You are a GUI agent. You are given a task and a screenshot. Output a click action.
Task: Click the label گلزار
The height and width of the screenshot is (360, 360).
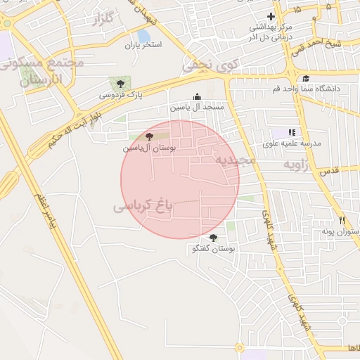pyautogui.click(x=103, y=19)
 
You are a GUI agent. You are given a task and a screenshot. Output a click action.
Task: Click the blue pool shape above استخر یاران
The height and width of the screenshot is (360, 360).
pyautogui.click(x=143, y=34)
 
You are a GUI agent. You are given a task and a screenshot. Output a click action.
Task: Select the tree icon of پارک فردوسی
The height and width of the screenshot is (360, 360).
pyautogui.click(x=114, y=83)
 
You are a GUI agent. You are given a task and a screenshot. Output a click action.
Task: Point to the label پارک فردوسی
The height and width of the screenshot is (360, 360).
pyautogui.click(x=115, y=94)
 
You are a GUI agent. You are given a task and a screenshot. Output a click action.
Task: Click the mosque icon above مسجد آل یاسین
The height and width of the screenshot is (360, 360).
pyautogui.click(x=196, y=97)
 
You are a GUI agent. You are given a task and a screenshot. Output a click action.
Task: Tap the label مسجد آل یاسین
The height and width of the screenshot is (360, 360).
pyautogui.click(x=196, y=108)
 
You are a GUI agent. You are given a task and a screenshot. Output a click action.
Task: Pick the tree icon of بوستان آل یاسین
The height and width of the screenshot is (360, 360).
pyautogui.click(x=148, y=136)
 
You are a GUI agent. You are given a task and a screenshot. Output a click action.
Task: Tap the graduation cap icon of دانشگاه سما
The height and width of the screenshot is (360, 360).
pyautogui.click(x=307, y=79)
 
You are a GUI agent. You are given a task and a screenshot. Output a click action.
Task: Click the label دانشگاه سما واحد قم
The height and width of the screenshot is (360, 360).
pyautogui.click(x=311, y=89)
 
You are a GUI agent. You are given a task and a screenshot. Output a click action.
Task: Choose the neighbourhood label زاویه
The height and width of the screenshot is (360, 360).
pyautogui.click(x=297, y=165)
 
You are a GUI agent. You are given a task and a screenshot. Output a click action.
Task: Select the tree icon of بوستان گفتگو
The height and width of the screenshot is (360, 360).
pyautogui.click(x=214, y=238)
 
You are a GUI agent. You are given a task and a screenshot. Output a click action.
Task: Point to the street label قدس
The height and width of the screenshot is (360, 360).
pyautogui.click(x=330, y=171)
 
